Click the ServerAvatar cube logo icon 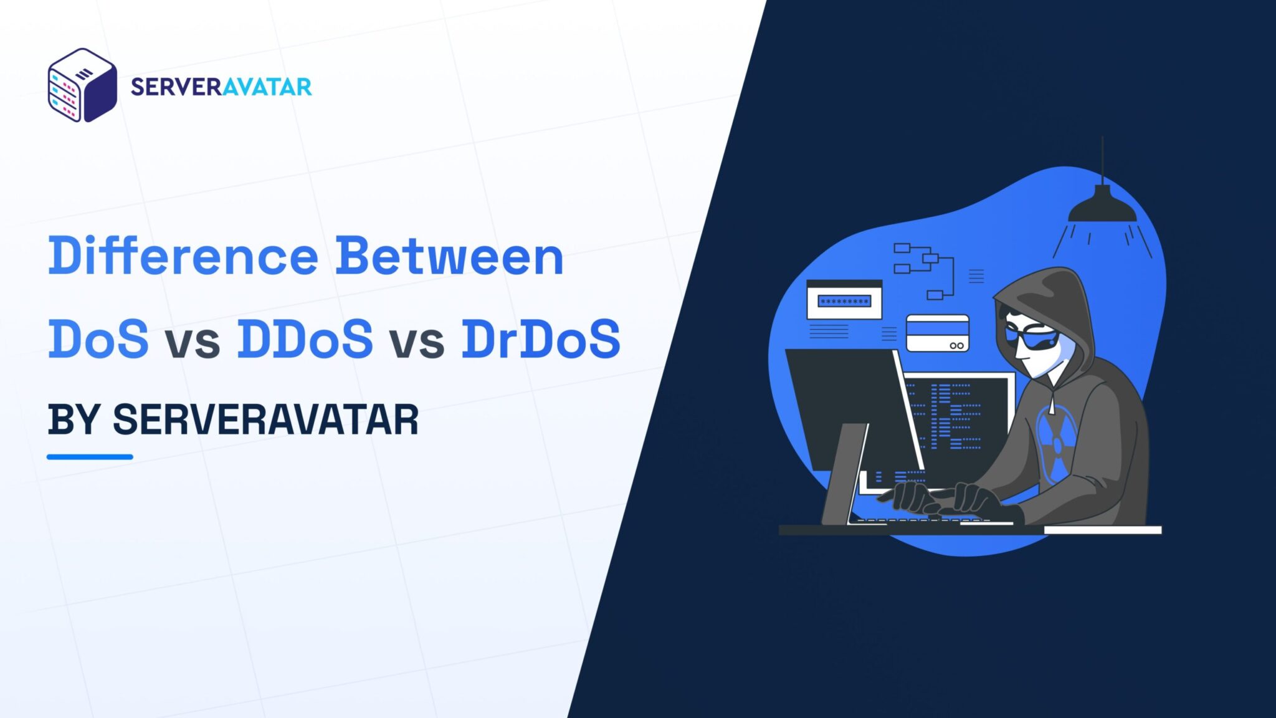82,85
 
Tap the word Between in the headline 449,256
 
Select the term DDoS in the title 305,338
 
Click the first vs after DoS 193,342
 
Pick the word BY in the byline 74,419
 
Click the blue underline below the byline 90,457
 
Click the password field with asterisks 844,302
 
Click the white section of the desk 1102,530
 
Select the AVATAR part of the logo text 267,87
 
